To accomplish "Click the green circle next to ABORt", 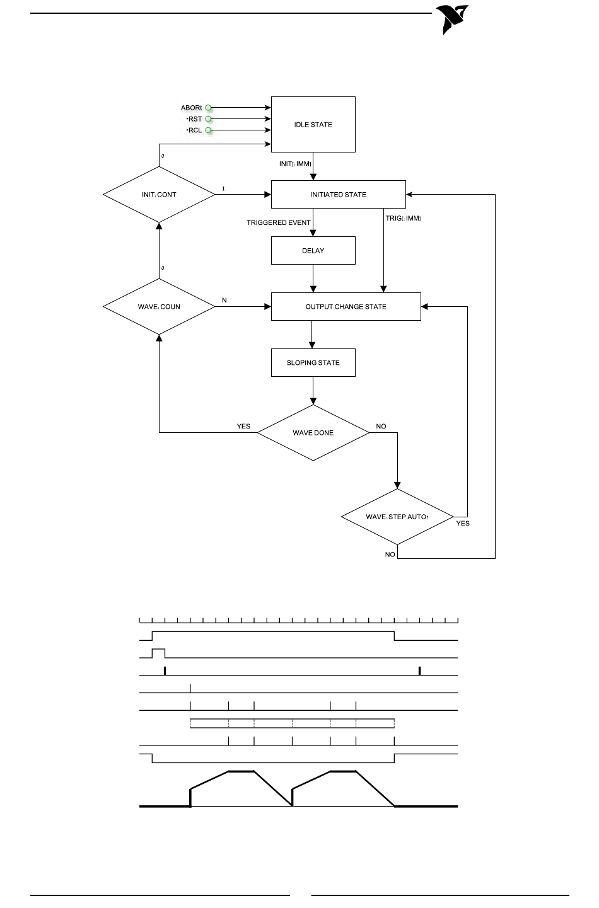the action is (x=208, y=108).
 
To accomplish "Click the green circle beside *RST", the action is (x=208, y=118).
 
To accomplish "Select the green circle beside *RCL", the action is (x=208, y=130).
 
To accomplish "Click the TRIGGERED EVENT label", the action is (x=279, y=222).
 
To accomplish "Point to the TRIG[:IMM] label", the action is (x=403, y=218).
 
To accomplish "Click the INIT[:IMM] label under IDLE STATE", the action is (x=295, y=164).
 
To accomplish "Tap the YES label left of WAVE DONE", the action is (x=243, y=426).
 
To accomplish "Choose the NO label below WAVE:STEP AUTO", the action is (x=390, y=554).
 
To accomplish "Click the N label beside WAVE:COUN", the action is (x=224, y=300).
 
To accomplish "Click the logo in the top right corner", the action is (x=452, y=20).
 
